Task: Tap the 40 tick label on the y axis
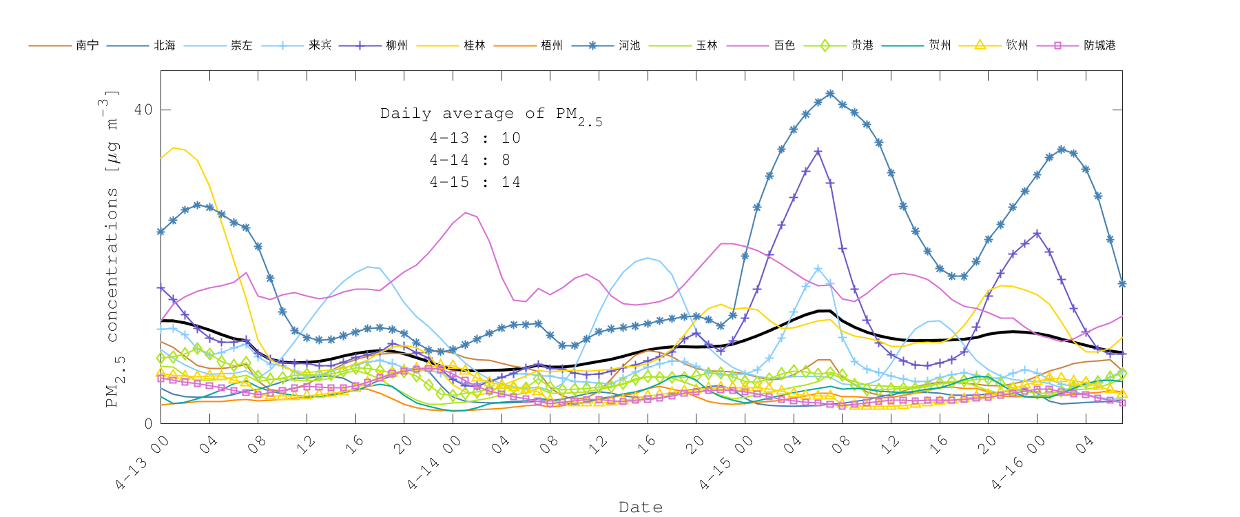(143, 110)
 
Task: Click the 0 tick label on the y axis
(148, 423)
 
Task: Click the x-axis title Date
(641, 507)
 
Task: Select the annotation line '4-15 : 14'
(475, 182)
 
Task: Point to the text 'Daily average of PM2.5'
(490, 114)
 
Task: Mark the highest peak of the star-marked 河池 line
(830, 93)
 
